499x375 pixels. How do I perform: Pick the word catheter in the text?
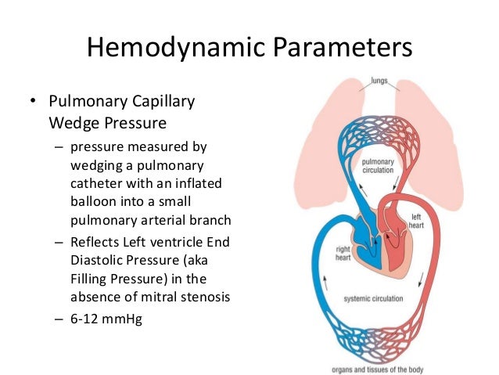coord(98,183)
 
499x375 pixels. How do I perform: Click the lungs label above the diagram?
coord(379,81)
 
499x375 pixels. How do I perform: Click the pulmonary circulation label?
coord(378,164)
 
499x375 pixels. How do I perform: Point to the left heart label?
coord(419,221)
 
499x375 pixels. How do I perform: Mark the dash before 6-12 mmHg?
coord(57,319)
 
